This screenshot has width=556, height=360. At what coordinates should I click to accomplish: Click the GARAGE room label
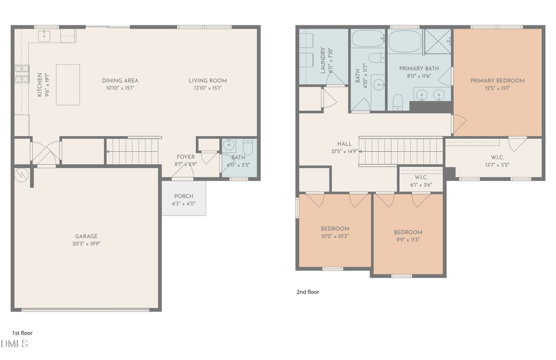[x=87, y=237]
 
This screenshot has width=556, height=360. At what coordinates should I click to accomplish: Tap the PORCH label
[x=183, y=196]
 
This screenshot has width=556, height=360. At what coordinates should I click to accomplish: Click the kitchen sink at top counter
[x=44, y=36]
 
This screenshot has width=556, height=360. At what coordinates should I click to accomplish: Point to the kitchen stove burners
[x=22, y=75]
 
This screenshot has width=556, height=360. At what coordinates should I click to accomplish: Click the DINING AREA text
[x=120, y=80]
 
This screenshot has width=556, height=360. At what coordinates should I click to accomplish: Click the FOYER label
[x=185, y=157]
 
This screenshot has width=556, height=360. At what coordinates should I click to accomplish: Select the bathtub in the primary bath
[x=406, y=43]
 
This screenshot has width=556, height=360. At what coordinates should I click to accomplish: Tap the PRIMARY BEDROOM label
[x=497, y=80]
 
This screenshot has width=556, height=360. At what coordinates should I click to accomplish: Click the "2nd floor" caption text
[x=308, y=292]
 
